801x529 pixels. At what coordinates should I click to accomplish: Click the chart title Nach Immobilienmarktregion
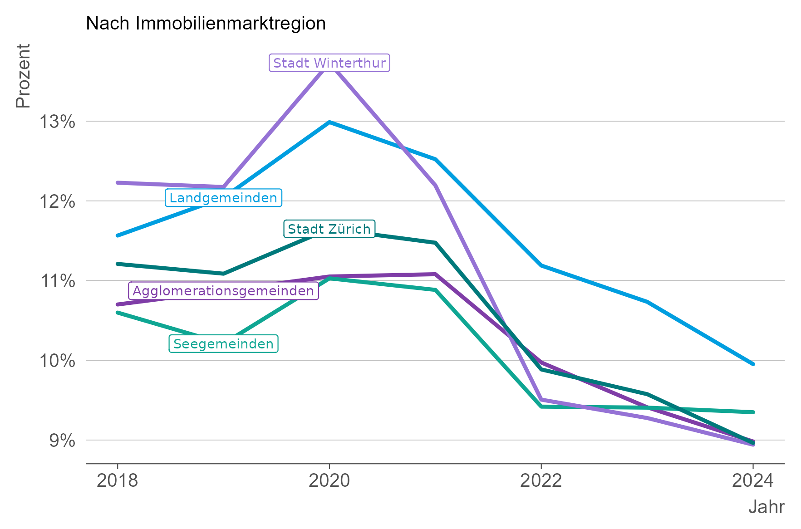pyautogui.click(x=206, y=24)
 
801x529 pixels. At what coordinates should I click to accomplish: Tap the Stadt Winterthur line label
pyautogui.click(x=329, y=63)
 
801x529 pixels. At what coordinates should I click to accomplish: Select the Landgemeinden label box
pyautogui.click(x=223, y=198)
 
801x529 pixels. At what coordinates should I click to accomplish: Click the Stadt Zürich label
pyautogui.click(x=329, y=229)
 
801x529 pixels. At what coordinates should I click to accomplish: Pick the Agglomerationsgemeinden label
pyautogui.click(x=223, y=291)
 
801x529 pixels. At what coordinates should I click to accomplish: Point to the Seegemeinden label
pyautogui.click(x=223, y=344)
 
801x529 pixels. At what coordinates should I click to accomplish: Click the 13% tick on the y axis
pyautogui.click(x=57, y=122)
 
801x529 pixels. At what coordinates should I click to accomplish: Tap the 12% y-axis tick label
pyautogui.click(x=57, y=201)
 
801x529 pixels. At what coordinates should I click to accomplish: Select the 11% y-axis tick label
pyautogui.click(x=57, y=281)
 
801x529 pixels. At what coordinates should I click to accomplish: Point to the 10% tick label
pyautogui.click(x=57, y=361)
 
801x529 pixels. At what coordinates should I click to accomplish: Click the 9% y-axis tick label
pyautogui.click(x=62, y=441)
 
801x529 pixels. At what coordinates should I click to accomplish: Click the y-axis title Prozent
pyautogui.click(x=23, y=76)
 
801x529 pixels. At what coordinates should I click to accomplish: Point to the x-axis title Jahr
pyautogui.click(x=766, y=507)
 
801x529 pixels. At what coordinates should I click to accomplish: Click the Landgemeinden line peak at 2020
pyautogui.click(x=329, y=122)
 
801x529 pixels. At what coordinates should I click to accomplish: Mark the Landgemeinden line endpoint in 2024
pyautogui.click(x=753, y=364)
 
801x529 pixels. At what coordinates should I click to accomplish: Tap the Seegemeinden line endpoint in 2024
pyautogui.click(x=753, y=412)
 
